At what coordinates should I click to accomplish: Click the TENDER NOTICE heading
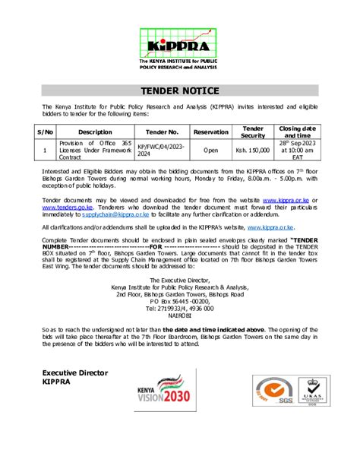[x=180, y=90]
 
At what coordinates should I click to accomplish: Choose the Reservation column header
[x=210, y=132]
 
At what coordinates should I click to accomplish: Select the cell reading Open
[x=210, y=151]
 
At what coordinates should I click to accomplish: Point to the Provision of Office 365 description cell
[x=95, y=151]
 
